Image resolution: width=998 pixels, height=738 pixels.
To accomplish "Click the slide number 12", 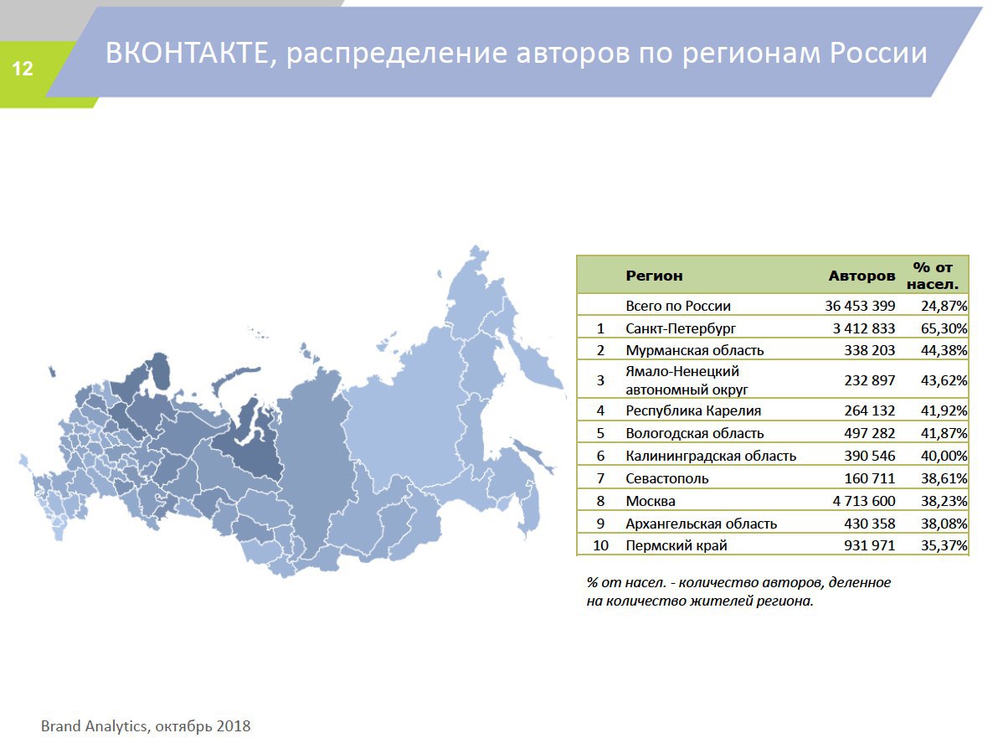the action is [23, 69].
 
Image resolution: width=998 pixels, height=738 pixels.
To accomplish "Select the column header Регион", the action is [654, 276].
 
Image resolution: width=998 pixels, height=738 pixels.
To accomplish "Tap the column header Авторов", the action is [862, 276].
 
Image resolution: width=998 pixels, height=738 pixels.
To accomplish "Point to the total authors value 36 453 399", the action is [860, 306].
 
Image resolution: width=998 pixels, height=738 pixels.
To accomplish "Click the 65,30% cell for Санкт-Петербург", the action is [944, 328].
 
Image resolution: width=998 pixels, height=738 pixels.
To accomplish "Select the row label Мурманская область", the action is [694, 350].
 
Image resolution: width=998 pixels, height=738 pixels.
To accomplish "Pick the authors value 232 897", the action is [869, 380].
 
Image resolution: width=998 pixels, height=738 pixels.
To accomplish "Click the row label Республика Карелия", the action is [693, 410].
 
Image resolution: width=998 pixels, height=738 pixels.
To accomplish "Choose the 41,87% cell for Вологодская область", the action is [944, 433].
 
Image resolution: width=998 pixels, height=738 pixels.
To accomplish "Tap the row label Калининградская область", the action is [710, 456].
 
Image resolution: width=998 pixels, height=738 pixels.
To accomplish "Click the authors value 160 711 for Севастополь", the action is [869, 478].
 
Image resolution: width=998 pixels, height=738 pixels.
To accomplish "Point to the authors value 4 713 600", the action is [864, 501].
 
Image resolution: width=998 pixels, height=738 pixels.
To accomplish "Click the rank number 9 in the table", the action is [600, 524].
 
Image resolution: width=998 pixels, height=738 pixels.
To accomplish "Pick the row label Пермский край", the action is [676, 545].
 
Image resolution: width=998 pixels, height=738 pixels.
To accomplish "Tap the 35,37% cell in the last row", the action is [944, 545].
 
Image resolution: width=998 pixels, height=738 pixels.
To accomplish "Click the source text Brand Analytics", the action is [94, 726].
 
